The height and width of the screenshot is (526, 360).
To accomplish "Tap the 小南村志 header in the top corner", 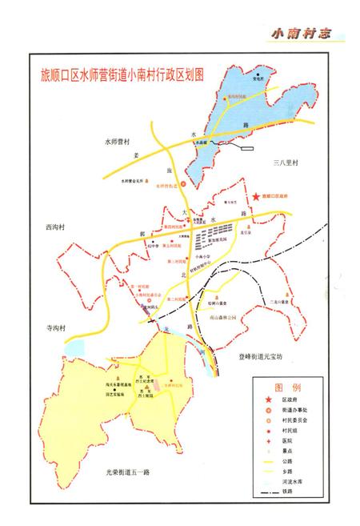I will pos(301,34).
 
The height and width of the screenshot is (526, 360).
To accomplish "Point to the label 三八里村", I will pos(284,163).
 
